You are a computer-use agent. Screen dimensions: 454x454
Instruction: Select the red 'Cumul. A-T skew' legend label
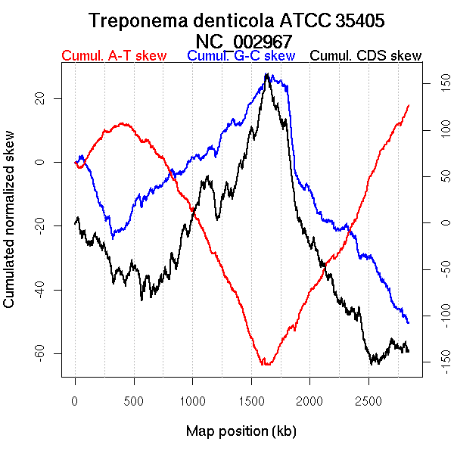pos(113,56)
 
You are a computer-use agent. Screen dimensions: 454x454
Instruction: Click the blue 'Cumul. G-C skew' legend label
pos(241,56)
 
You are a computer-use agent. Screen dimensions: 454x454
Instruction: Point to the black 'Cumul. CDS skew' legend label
pos(366,56)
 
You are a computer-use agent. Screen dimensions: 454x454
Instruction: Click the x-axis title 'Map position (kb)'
pos(241,431)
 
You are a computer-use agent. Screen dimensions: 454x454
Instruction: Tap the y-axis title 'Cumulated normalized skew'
pos(10,227)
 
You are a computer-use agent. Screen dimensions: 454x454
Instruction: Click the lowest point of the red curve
pos(264,365)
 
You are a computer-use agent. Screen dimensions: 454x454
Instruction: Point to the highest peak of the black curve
pos(266,73)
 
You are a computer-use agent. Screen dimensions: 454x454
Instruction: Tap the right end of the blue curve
pos(409,323)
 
